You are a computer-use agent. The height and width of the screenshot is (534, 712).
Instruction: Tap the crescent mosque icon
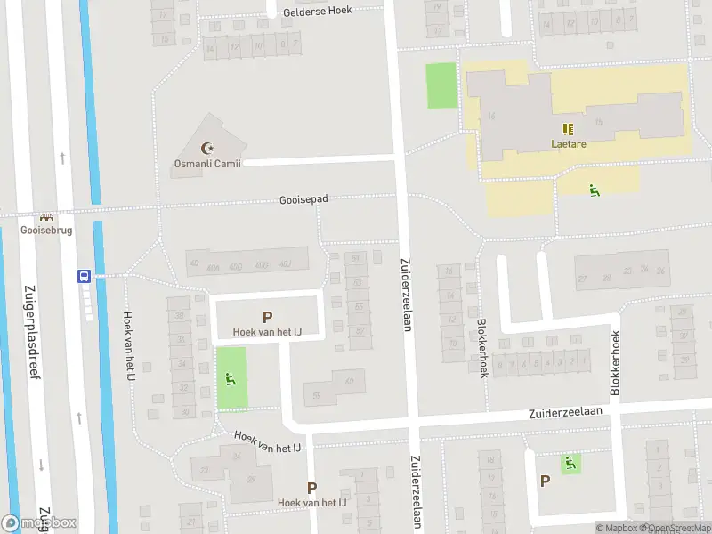point(211,149)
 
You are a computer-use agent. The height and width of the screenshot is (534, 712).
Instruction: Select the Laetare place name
point(568,143)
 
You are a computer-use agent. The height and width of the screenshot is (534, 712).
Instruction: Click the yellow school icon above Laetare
point(568,129)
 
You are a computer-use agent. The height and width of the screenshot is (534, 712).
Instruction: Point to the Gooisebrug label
point(46,230)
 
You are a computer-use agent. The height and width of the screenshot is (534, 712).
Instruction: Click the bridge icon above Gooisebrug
point(46,216)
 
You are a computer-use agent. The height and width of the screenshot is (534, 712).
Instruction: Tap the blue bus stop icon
point(85,276)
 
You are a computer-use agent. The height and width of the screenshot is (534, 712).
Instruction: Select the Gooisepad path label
point(303,199)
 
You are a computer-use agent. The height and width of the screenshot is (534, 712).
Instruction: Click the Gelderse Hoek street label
point(317,11)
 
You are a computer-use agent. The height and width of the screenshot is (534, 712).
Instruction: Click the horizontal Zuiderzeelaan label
point(565,412)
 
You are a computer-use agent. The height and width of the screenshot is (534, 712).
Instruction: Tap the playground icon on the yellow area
point(594,189)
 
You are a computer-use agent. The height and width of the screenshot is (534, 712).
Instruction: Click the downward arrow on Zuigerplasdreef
point(41,465)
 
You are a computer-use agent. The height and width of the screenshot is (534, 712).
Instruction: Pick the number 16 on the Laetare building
point(491,117)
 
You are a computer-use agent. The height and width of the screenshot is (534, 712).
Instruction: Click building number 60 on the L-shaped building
point(349,382)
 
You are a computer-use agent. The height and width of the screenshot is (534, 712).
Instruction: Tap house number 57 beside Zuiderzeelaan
point(360,331)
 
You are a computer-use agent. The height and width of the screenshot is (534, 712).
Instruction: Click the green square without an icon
point(441,86)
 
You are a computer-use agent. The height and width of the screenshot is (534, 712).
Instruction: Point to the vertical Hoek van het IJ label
point(129,347)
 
